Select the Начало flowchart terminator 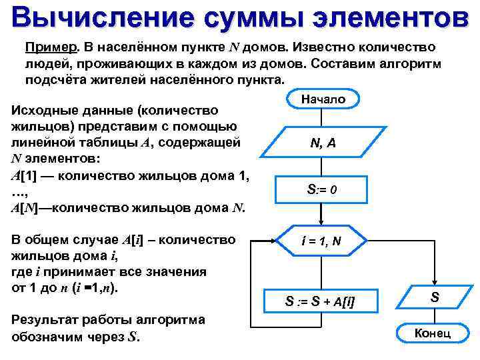(323, 99)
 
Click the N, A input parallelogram (323, 142)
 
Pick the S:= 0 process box (323, 189)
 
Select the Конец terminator (433, 333)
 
